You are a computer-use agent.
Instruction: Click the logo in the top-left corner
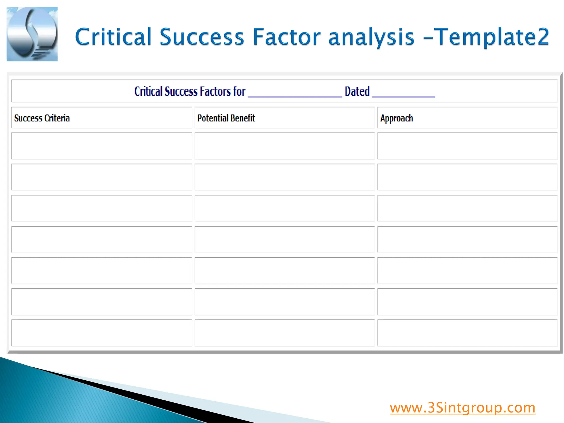tap(32, 34)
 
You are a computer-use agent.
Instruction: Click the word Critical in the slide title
tap(113, 37)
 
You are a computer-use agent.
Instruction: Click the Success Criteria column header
tap(42, 118)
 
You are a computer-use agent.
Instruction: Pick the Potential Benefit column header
tap(226, 118)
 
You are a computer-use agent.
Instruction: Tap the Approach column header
tap(396, 118)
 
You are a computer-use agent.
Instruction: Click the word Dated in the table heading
tap(357, 91)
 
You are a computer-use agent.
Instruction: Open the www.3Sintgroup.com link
tap(462, 408)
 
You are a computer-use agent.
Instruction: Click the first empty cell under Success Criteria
tap(102, 146)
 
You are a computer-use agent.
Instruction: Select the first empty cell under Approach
tap(467, 146)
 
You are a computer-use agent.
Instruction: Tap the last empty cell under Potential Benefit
tap(284, 333)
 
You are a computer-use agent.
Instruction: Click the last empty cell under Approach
tap(467, 333)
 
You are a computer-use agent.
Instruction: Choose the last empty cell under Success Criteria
tap(102, 333)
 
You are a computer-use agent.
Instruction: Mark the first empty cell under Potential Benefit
tap(284, 146)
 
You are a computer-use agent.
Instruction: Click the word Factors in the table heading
tap(215, 91)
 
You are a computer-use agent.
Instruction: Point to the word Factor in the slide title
tap(287, 37)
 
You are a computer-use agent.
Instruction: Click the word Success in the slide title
tap(202, 37)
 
